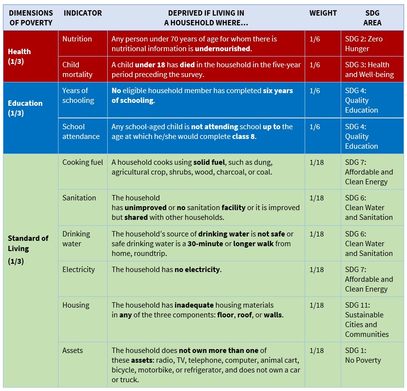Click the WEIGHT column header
[323, 13]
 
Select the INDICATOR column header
[82, 13]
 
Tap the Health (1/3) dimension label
[19, 56]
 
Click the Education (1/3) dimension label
[25, 108]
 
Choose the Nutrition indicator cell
[77, 39]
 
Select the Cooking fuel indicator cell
[82, 162]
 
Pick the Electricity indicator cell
[78, 270]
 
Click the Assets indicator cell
[73, 351]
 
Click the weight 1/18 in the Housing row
[316, 305]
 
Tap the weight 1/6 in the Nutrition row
[314, 39]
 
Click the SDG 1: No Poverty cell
[363, 355]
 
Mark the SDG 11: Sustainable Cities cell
[367, 320]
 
